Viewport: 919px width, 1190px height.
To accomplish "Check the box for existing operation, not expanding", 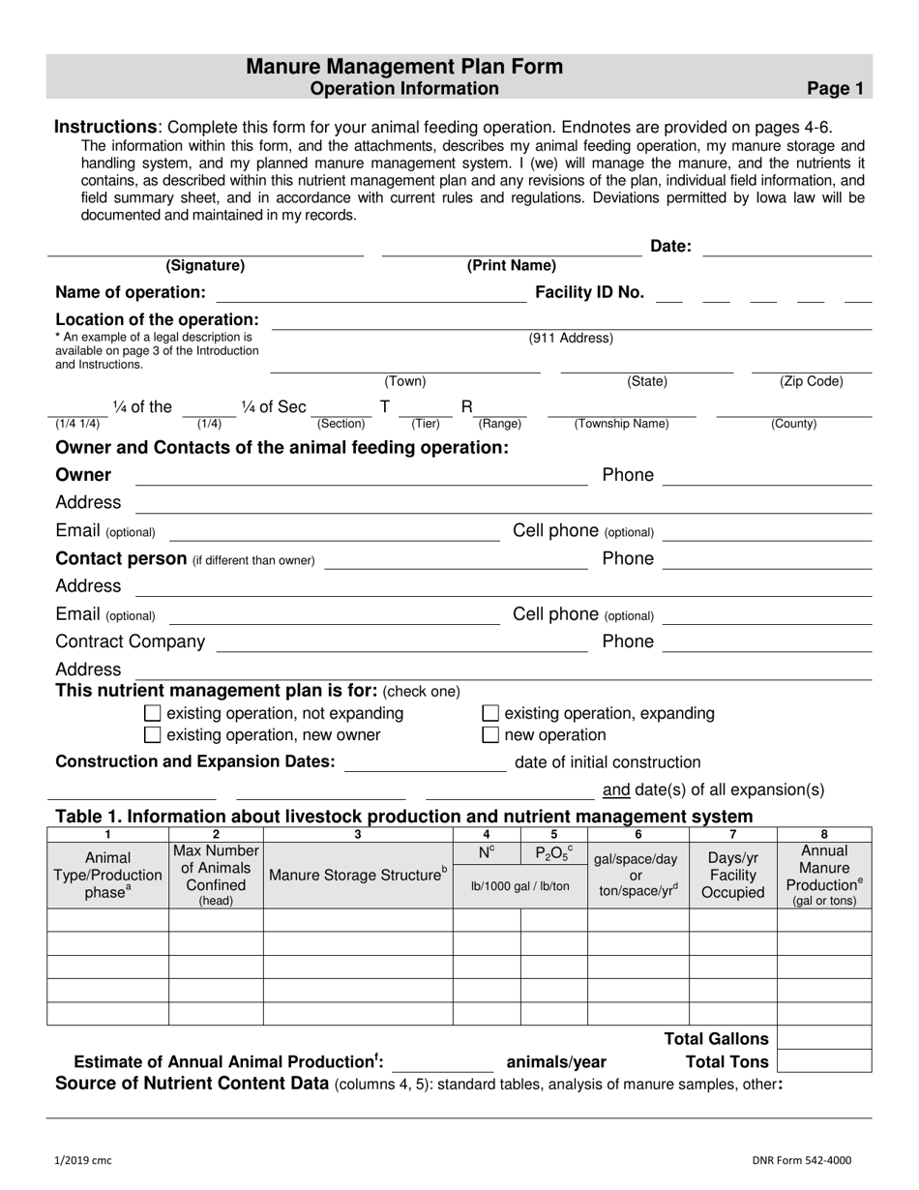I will tap(152, 714).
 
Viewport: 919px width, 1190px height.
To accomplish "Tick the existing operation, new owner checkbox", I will tap(152, 735).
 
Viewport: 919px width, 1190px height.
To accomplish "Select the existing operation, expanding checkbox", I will tap(490, 714).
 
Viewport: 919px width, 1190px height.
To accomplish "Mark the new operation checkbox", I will tap(490, 735).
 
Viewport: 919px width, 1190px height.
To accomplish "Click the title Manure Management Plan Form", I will tap(404, 67).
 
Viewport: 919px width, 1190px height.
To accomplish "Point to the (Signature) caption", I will tap(205, 265).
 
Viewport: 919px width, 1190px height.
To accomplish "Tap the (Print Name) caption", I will tap(511, 265).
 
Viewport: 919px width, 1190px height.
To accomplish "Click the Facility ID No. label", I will tap(589, 292).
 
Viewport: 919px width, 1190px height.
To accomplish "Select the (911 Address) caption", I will tap(571, 338).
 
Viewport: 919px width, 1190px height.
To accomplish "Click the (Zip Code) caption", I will tap(811, 381).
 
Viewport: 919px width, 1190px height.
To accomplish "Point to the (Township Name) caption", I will tap(621, 424).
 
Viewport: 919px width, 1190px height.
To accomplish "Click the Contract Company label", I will tap(131, 641).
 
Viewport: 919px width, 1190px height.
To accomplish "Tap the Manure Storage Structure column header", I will tap(358, 875).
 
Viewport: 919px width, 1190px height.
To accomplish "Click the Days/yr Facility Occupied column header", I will tap(732, 875).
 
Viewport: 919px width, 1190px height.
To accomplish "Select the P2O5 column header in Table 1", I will tap(553, 852).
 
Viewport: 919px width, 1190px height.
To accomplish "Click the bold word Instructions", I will tap(105, 127).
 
